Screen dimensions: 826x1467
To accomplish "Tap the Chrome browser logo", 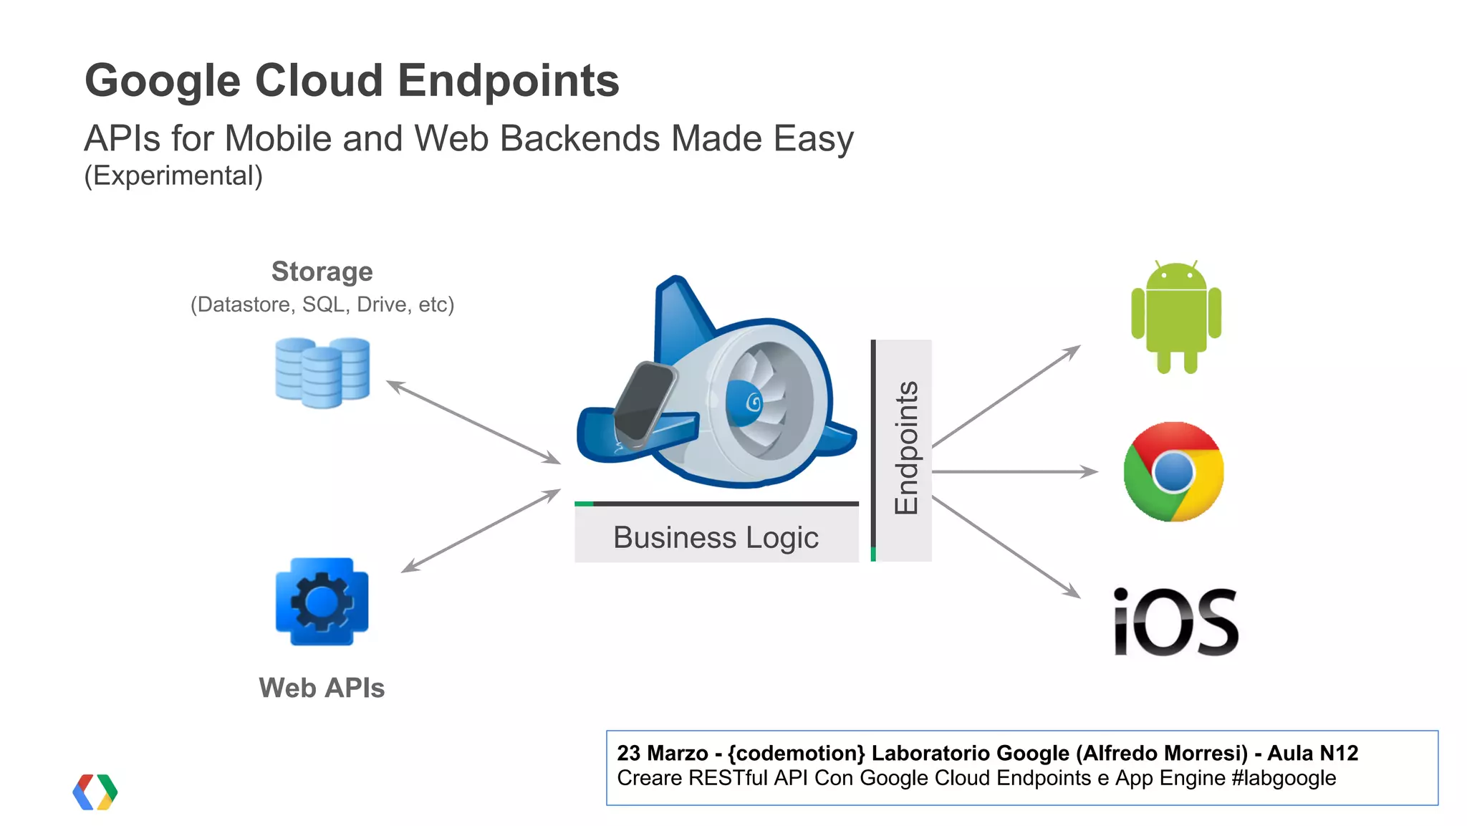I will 1173,472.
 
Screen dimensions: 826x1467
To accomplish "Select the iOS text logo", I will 1175,622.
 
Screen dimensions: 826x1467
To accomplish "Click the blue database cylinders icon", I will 322,373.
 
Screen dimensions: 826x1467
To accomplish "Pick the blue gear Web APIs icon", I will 322,602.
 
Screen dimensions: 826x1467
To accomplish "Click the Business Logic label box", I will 716,537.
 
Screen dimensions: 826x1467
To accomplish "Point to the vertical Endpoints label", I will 906,448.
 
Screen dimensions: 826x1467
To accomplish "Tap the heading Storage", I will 322,272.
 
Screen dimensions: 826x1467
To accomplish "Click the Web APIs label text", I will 322,688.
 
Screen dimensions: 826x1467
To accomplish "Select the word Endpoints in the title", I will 508,80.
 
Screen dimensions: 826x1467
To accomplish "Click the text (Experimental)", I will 173,176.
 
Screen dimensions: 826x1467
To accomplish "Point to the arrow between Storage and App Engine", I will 473,422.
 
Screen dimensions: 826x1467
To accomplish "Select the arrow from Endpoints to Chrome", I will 1014,471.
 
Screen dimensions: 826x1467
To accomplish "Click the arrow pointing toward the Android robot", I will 1006,396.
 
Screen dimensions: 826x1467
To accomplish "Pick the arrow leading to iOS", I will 1006,547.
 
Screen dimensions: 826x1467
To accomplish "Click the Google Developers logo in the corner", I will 95,792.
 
